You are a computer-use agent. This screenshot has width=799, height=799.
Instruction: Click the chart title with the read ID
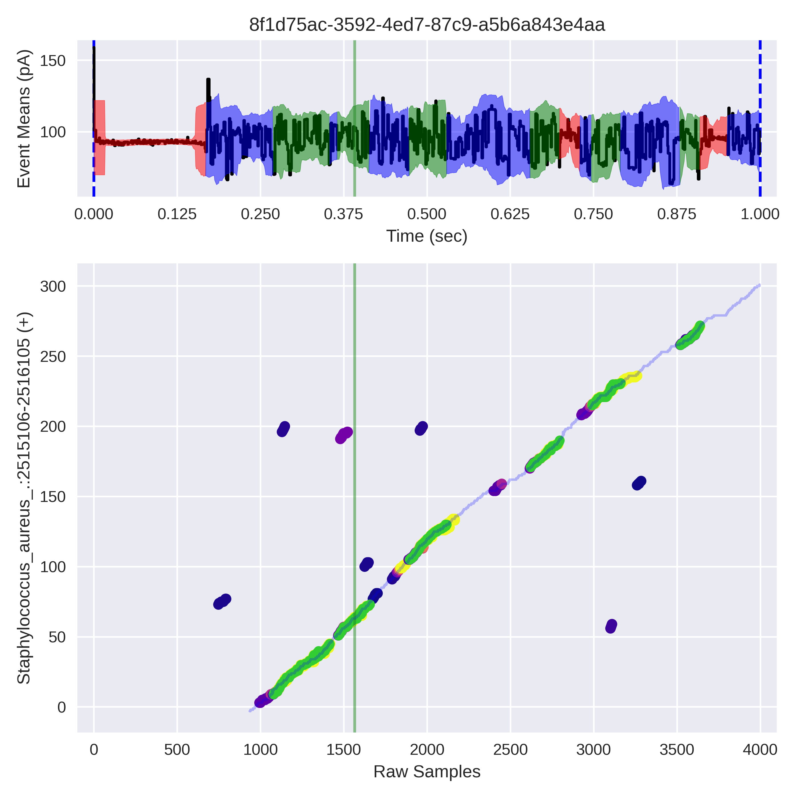tap(427, 25)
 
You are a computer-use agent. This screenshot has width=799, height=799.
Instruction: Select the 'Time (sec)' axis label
tap(427, 236)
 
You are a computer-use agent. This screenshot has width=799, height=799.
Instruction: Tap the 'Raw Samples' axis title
tap(427, 771)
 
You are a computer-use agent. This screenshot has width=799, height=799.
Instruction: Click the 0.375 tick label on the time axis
tap(343, 214)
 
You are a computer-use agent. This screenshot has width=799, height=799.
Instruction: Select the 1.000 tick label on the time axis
tap(760, 214)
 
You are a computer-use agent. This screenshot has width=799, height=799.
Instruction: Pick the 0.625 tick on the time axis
tap(510, 214)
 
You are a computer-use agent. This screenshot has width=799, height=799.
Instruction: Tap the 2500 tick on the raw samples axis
tap(510, 749)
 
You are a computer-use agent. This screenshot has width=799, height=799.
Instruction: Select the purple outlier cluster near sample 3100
tap(611, 626)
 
